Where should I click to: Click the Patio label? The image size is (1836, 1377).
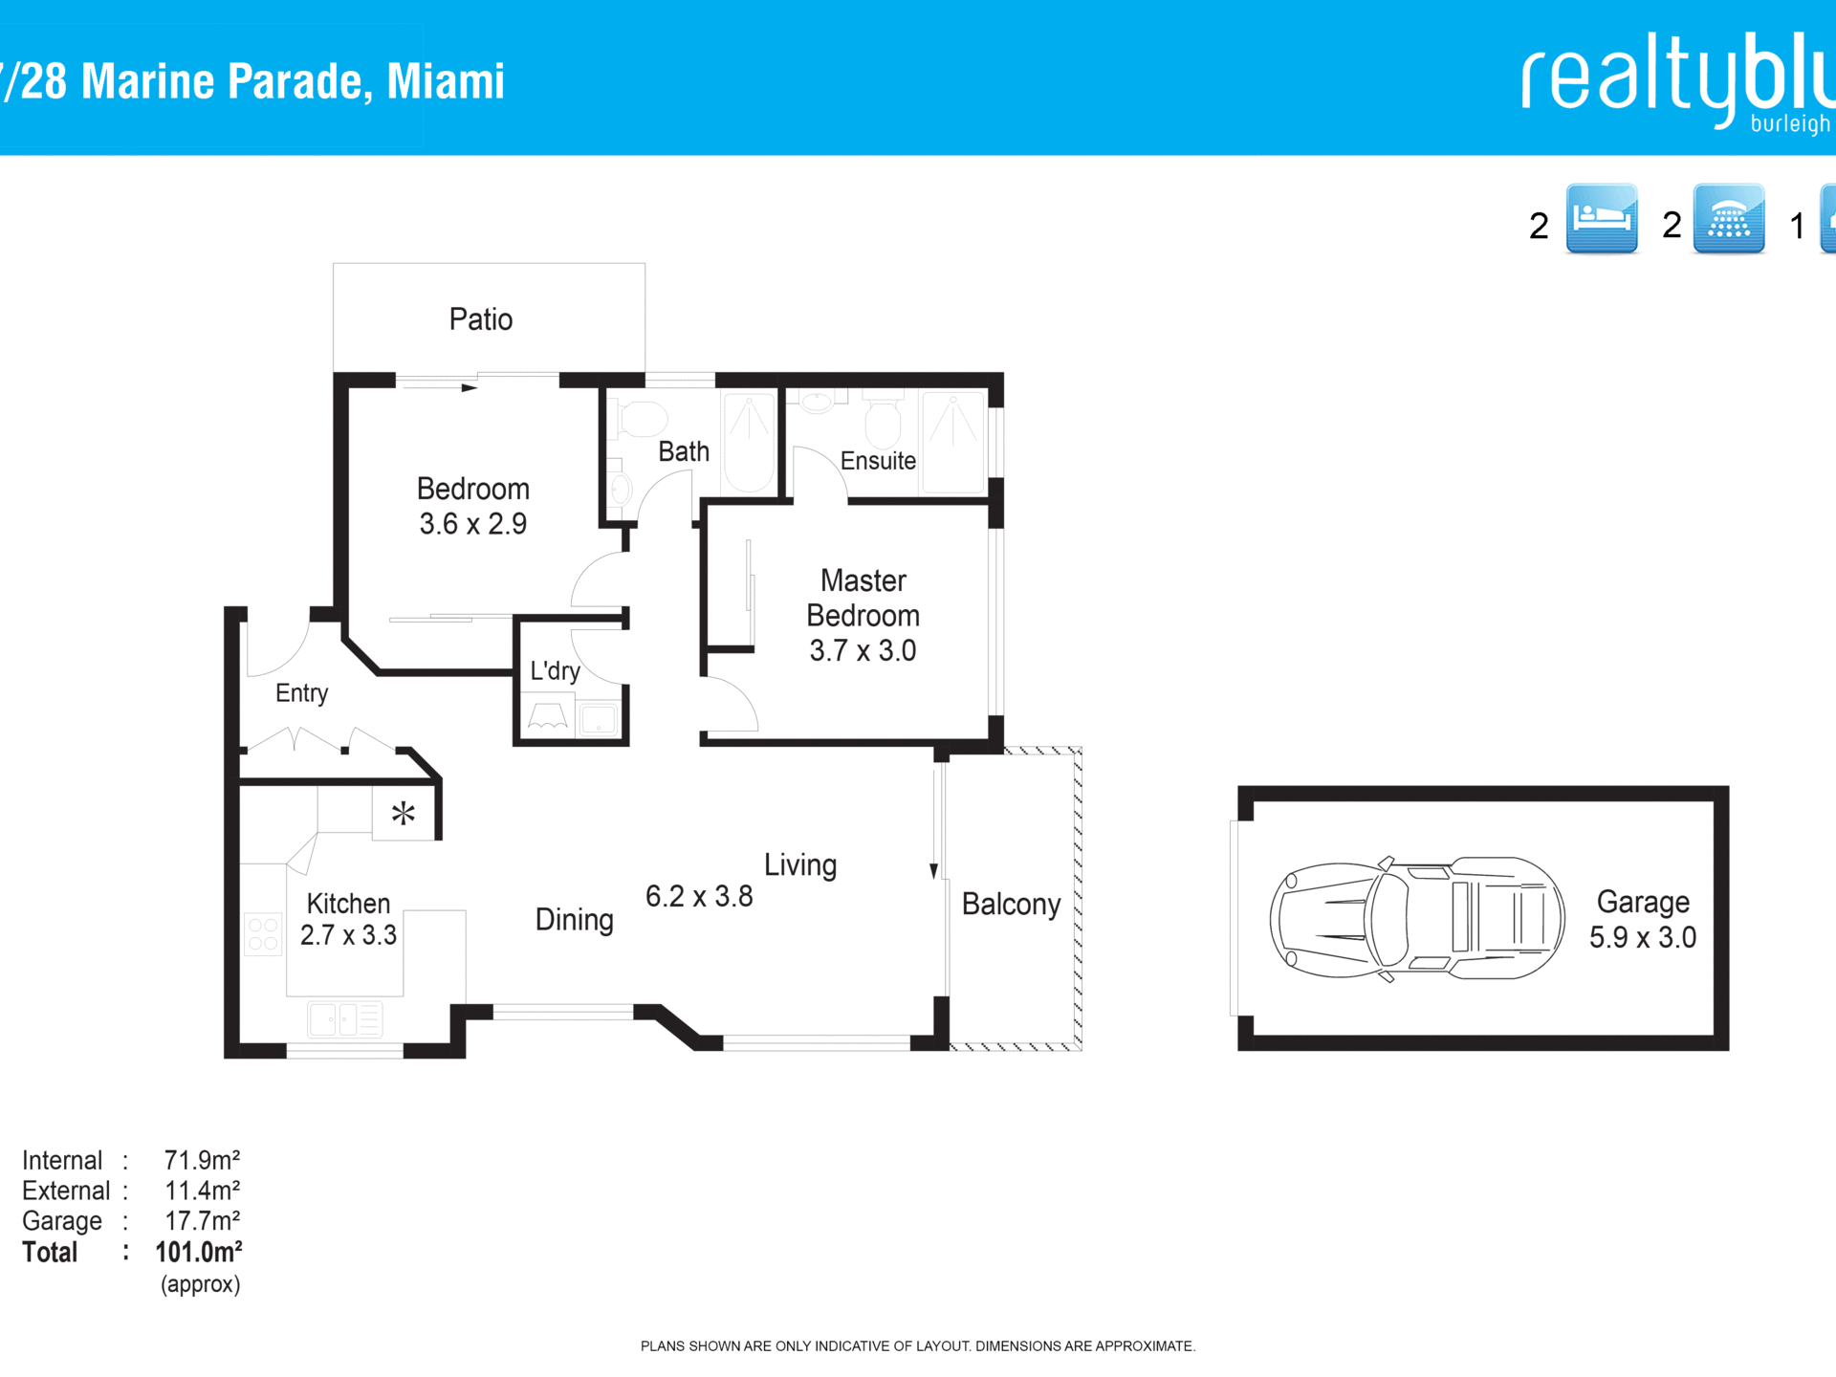pos(481,319)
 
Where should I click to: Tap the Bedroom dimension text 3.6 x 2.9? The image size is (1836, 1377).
pos(473,524)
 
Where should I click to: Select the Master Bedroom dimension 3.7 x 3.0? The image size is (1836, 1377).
pos(863,651)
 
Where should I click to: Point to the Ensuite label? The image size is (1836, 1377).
pos(878,461)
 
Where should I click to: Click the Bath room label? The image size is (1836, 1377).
pos(684,451)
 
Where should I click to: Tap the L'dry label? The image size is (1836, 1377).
pos(556,671)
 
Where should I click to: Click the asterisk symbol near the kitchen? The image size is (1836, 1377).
pos(404,814)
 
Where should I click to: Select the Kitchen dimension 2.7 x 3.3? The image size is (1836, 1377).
pos(348,935)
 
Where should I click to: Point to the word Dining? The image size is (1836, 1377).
pos(574,920)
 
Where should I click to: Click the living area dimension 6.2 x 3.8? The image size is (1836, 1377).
pos(699,897)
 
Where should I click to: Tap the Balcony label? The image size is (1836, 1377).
pos(1011,905)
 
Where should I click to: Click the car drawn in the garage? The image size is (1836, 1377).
pos(1417,919)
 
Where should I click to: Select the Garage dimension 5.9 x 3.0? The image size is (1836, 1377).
pos(1643,938)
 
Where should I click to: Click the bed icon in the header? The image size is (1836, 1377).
pos(1602,219)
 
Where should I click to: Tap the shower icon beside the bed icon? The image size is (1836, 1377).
pos(1729,219)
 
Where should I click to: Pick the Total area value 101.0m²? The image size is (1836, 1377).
pos(199,1253)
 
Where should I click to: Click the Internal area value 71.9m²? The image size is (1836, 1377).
pos(202,1161)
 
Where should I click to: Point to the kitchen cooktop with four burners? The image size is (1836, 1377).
pos(263,934)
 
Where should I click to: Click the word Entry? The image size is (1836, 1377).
pos(301,693)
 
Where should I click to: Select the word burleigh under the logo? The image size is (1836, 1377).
pos(1790,124)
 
